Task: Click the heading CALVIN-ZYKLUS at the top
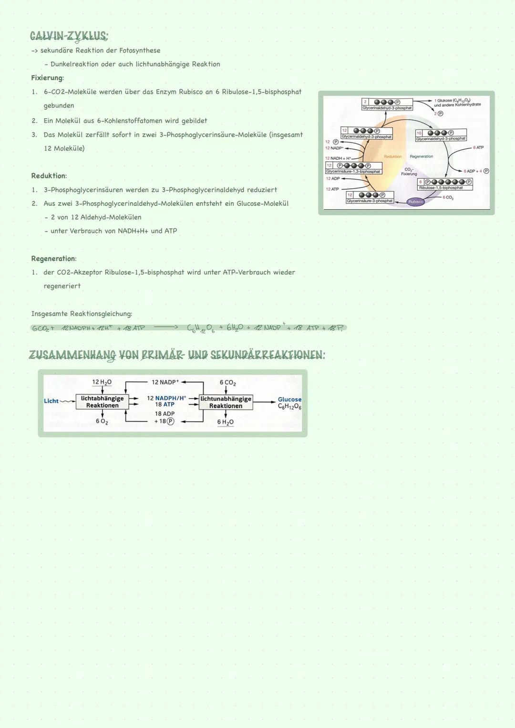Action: pos(69,36)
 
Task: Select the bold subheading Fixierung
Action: pos(47,78)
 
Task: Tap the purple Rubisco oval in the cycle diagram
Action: pos(415,202)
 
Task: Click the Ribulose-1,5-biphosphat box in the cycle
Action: pos(444,185)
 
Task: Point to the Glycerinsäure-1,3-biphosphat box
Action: pos(353,168)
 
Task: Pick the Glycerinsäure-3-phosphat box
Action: pos(370,198)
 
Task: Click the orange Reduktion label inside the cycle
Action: pos(392,156)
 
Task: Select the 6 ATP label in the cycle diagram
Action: pos(478,148)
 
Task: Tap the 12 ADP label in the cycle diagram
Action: pos(332,179)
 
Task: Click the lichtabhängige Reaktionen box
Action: pos(102,402)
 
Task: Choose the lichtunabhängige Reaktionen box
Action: pos(226,402)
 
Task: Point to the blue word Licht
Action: pos(51,401)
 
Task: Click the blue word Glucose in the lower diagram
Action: pos(289,400)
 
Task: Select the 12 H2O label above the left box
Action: pos(102,382)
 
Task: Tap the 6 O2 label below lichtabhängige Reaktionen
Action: pos(102,421)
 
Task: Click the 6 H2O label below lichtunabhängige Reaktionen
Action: pos(225,422)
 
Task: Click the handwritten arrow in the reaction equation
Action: pos(165,328)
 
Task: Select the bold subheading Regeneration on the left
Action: pos(53,258)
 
